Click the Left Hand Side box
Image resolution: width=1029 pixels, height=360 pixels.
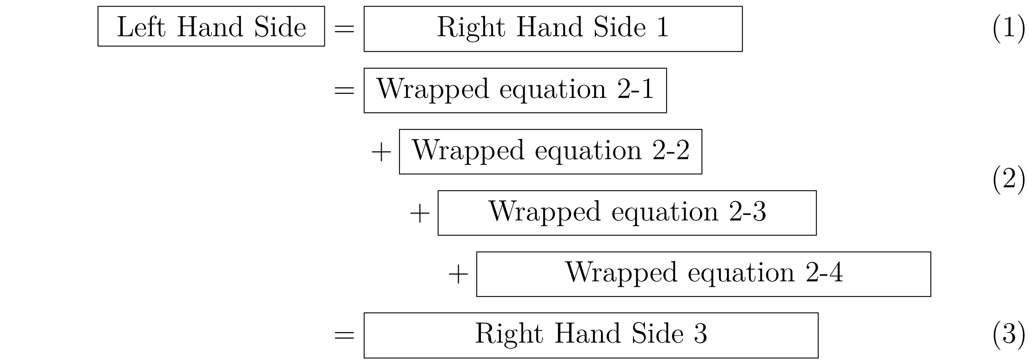click(x=211, y=26)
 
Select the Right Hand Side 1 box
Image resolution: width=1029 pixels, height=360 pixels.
click(x=552, y=29)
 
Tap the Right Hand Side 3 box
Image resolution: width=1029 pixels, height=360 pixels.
click(x=591, y=335)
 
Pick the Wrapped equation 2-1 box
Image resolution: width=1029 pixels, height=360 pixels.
click(x=515, y=90)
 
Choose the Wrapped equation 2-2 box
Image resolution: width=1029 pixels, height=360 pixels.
click(x=550, y=151)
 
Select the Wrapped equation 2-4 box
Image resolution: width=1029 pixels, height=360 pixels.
click(x=703, y=274)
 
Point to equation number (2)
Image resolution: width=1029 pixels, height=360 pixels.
click(x=1008, y=179)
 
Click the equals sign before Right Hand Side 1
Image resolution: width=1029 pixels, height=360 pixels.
click(x=344, y=29)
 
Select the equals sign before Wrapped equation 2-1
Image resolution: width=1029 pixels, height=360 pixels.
click(x=344, y=90)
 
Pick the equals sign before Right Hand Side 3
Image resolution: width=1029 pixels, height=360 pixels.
click(x=344, y=335)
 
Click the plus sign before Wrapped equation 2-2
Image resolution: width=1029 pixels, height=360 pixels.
click(x=381, y=152)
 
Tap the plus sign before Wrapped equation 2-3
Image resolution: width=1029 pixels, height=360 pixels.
click(x=420, y=214)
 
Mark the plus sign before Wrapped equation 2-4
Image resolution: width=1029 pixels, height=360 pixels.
click(x=458, y=275)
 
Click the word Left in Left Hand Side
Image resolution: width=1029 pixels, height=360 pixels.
click(x=141, y=27)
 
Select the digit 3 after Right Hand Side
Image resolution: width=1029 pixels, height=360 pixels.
click(x=700, y=334)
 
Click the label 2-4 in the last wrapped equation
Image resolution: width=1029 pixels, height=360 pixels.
click(x=824, y=273)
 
